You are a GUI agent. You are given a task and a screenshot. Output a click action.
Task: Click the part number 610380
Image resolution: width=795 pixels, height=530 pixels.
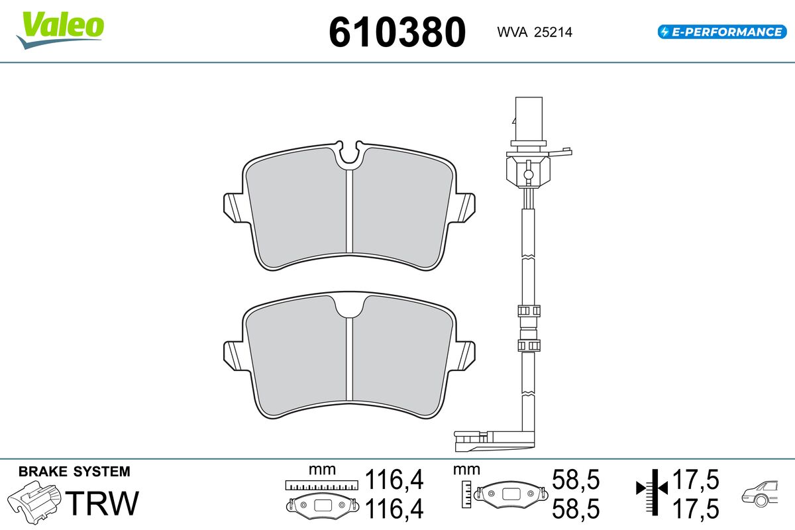[x=397, y=32]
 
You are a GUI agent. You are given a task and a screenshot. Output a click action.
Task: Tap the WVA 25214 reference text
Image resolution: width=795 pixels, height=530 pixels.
[x=535, y=32]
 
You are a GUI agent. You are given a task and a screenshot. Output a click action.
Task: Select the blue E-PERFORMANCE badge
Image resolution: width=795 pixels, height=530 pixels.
[x=722, y=32]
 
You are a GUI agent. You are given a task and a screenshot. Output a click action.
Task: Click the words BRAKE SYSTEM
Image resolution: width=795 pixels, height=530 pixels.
[x=74, y=472]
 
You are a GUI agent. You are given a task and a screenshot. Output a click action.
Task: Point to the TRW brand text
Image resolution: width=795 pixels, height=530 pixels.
[x=102, y=503]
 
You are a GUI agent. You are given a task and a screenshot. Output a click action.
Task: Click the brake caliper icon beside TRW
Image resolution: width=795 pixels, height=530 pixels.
[x=34, y=502]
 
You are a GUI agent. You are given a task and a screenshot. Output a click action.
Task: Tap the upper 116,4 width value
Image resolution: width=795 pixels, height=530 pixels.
[x=394, y=480]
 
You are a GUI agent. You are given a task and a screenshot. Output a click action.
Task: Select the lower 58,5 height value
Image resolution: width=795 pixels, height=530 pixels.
[x=576, y=509]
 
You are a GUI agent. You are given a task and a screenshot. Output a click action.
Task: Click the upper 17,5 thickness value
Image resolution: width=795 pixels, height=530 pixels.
[x=696, y=480]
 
